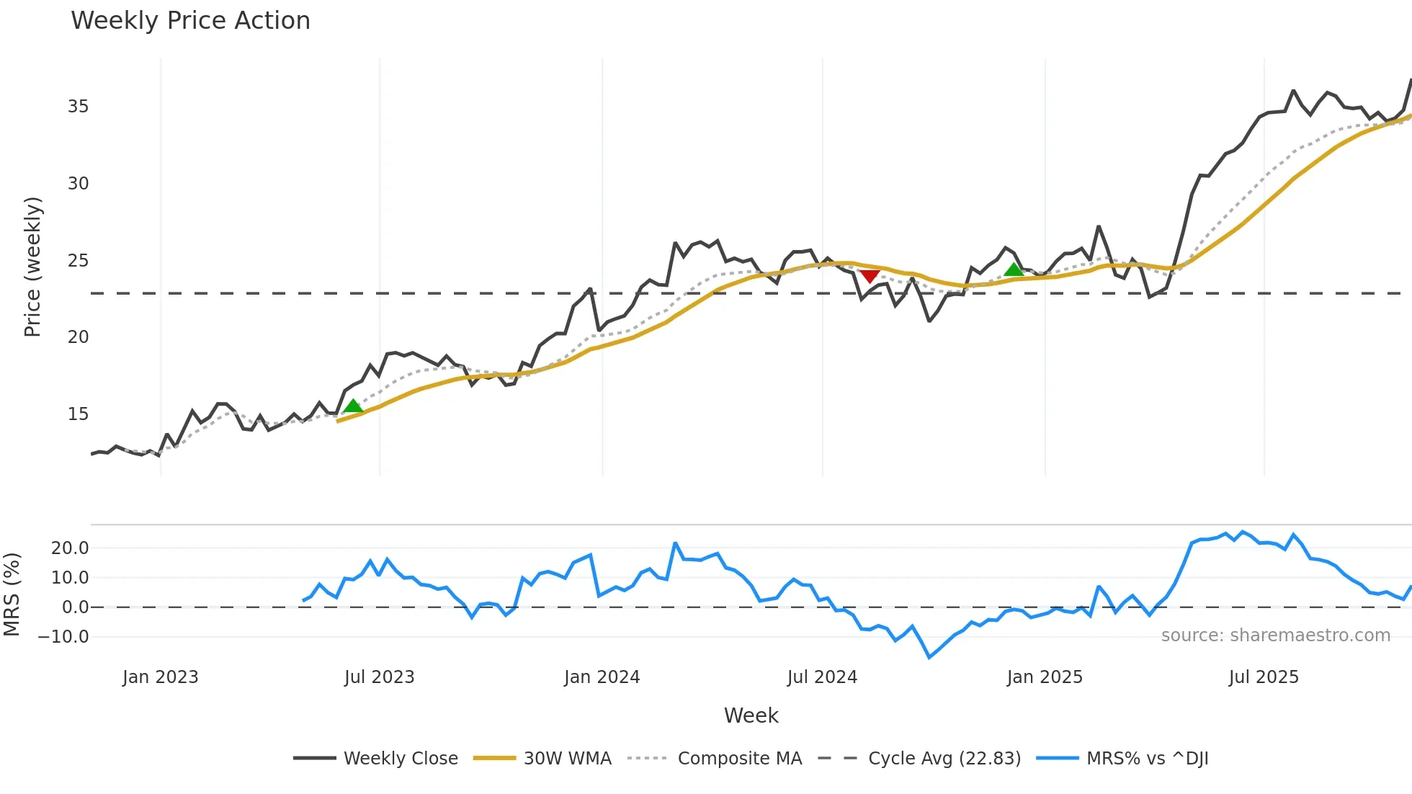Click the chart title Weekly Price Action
(x=190, y=21)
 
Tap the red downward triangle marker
(x=870, y=276)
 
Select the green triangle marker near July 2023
(x=353, y=406)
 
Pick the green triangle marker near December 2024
(x=1014, y=269)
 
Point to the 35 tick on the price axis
(x=78, y=107)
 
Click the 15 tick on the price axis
(x=78, y=414)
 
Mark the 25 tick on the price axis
(x=78, y=261)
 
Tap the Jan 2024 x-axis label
(x=602, y=677)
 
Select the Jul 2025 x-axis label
(x=1264, y=677)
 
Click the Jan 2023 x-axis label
(x=160, y=677)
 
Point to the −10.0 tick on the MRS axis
(x=63, y=637)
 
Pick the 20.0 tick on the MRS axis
(x=70, y=548)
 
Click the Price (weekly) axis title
(x=33, y=267)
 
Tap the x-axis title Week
(x=751, y=715)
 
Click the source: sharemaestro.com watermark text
(x=1275, y=635)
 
